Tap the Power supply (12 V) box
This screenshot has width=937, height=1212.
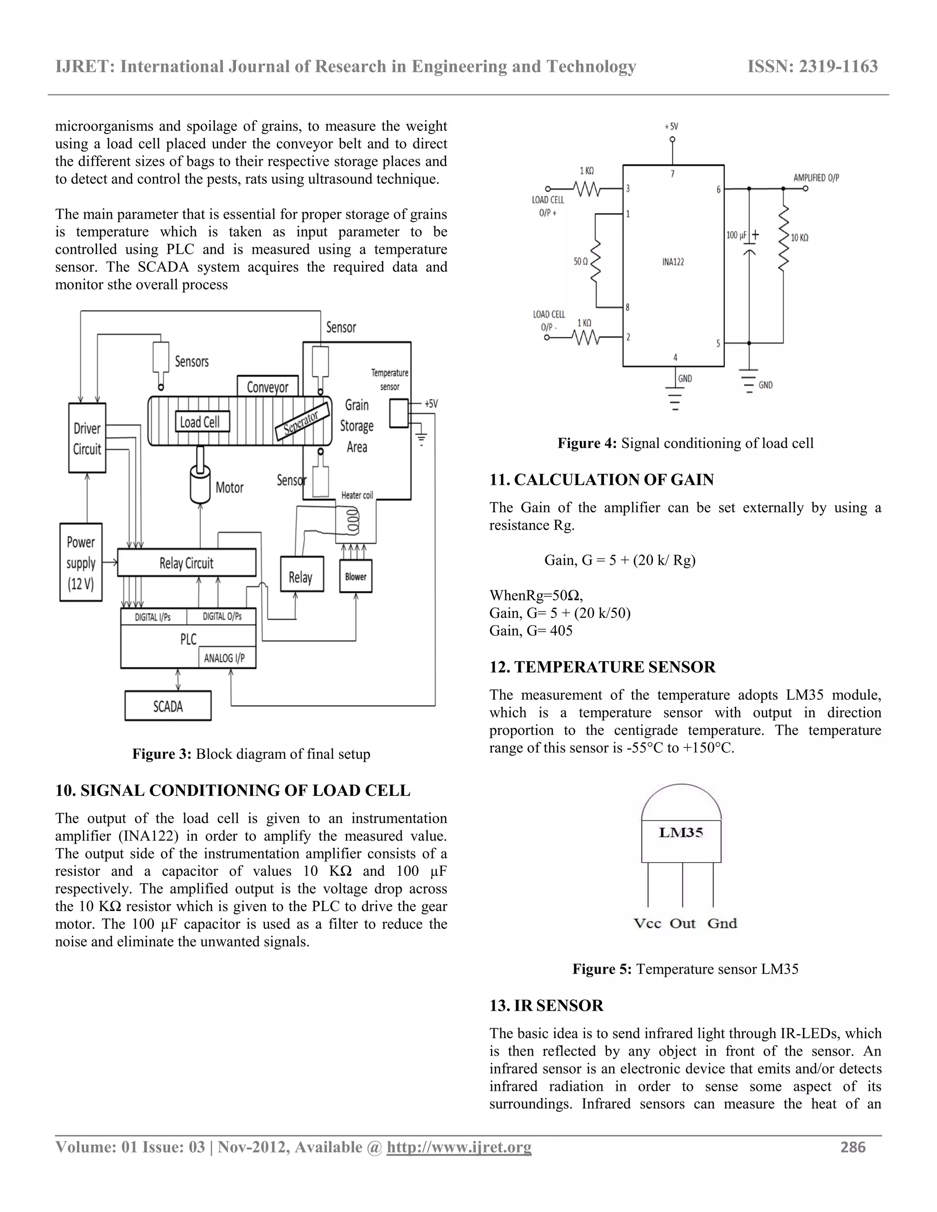click(81, 563)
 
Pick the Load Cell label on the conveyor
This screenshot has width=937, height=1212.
click(200, 422)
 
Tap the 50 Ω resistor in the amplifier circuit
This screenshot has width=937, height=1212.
click(597, 260)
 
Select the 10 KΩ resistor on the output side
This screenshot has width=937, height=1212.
click(783, 238)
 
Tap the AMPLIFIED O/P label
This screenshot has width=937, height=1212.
click(816, 177)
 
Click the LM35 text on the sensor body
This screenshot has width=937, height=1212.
click(681, 832)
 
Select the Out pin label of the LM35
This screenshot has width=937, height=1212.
click(682, 923)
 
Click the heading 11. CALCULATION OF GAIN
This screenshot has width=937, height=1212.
click(601, 479)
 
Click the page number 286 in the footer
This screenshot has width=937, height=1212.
click(853, 1147)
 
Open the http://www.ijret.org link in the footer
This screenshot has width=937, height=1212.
click(458, 1147)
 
